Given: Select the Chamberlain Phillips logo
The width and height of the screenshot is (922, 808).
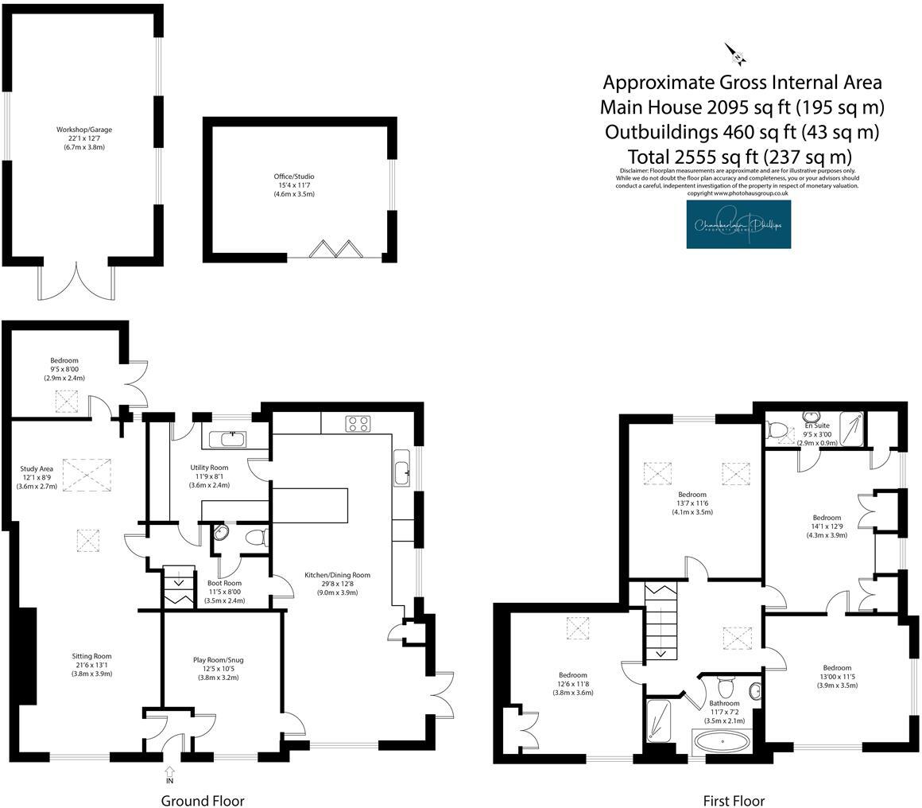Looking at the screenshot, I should pos(738,224).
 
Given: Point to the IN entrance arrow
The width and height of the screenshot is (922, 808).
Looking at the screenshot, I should pos(169,771).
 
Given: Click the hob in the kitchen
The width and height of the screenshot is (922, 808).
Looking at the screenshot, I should pos(358,424).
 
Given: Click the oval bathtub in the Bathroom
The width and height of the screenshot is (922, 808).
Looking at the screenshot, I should pos(722,744).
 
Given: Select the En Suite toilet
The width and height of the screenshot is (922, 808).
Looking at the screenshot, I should pos(777,431).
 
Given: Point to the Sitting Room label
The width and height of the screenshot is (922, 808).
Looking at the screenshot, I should pos(91,665).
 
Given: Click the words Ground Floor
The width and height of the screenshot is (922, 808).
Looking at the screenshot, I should pos(203,800).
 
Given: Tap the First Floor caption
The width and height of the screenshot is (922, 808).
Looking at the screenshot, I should pos(733,800).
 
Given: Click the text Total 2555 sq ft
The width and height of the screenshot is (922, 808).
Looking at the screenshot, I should pos(739,156).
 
